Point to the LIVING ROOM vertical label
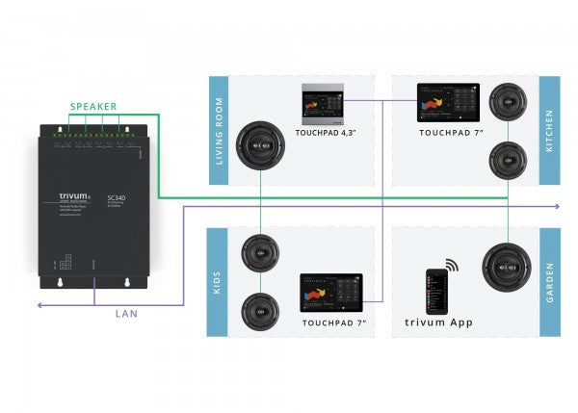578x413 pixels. coord(219,130)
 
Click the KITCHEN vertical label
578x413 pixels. coord(550,130)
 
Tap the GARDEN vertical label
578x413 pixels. coord(550,282)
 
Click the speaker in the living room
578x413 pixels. coord(259,144)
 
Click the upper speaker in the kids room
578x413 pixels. coord(260,255)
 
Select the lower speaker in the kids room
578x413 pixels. coord(260,310)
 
